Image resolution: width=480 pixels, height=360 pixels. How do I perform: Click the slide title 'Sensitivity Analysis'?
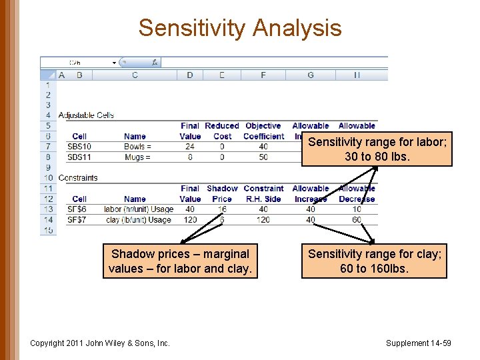240,28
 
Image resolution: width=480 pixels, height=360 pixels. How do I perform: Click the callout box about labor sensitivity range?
377,149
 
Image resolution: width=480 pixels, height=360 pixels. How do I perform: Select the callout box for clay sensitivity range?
374,261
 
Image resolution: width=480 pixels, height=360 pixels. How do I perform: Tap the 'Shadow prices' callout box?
180,261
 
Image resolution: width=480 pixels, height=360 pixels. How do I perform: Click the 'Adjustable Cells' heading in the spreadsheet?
86,115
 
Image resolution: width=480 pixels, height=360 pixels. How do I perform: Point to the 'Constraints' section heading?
78,178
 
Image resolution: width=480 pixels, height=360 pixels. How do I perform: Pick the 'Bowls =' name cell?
137,147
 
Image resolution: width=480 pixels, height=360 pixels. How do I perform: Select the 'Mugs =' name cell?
137,157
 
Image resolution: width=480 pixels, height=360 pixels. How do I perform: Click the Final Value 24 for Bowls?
190,147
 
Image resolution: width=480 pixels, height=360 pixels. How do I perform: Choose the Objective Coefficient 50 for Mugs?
263,157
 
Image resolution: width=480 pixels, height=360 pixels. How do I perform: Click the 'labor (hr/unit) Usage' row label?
139,209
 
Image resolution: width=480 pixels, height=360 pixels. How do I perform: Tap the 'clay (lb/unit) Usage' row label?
138,220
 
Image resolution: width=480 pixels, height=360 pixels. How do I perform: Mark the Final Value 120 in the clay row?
190,220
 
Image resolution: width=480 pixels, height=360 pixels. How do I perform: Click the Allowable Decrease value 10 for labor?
357,209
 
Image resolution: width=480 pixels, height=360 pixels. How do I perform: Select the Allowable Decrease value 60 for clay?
357,220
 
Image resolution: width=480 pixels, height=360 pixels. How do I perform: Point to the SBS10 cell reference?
79,147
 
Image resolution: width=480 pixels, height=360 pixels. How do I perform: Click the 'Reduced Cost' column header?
222,131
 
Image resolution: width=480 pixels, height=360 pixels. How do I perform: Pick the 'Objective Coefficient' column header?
263,131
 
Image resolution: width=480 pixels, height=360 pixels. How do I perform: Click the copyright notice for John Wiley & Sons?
100,343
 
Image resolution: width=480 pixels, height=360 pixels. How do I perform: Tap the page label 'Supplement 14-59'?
418,343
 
